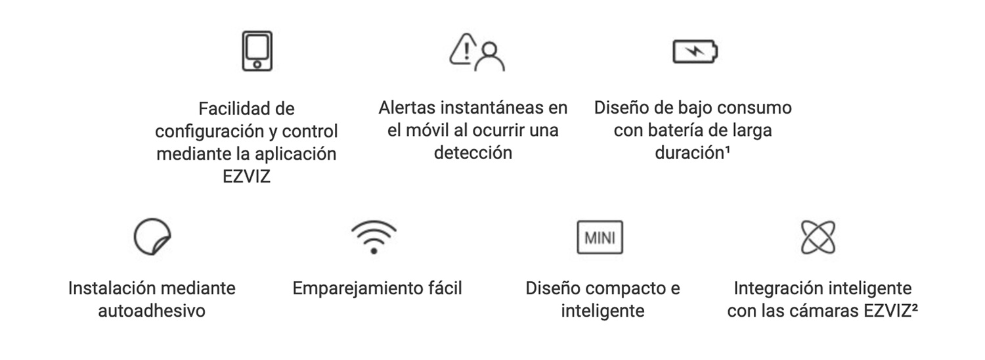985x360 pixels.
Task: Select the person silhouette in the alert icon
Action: pyautogui.click(x=490, y=56)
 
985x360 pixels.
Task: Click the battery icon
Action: pyautogui.click(x=695, y=51)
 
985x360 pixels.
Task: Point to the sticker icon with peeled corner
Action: pyautogui.click(x=152, y=236)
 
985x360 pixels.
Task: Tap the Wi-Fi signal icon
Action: pyautogui.click(x=374, y=236)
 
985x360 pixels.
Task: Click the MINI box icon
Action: pyautogui.click(x=600, y=237)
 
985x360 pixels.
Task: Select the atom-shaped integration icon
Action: pyautogui.click(x=819, y=236)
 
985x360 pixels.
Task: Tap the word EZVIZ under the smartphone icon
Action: pyautogui.click(x=246, y=176)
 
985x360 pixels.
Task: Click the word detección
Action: pyautogui.click(x=473, y=152)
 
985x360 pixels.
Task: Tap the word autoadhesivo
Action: pyautogui.click(x=152, y=311)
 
